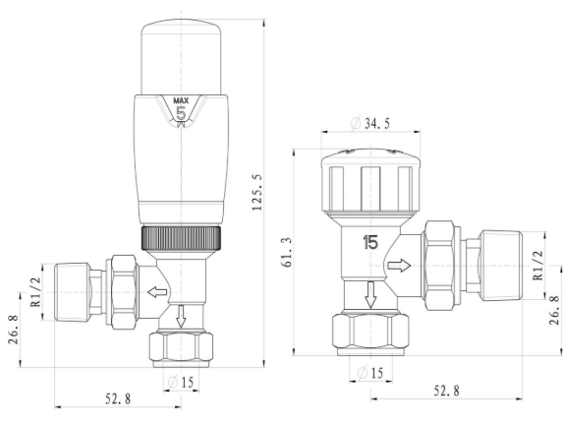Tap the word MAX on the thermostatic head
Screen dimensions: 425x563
pyautogui.click(x=181, y=100)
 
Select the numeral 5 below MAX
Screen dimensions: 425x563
pyautogui.click(x=181, y=113)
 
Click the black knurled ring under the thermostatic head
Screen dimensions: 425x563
pyautogui.click(x=181, y=237)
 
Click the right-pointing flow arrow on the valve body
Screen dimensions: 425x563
pyautogui.click(x=400, y=266)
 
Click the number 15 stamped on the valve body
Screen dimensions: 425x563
pyautogui.click(x=370, y=240)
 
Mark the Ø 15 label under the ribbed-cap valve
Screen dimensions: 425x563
pyautogui.click(x=370, y=372)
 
